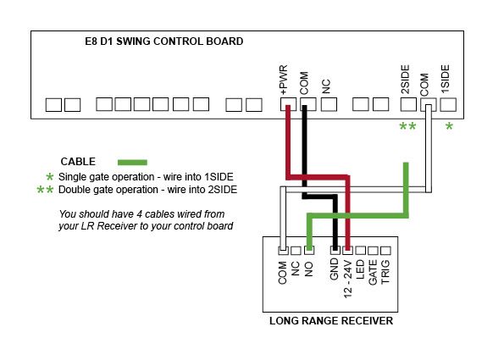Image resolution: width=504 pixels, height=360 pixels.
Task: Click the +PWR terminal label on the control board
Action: click(x=284, y=80)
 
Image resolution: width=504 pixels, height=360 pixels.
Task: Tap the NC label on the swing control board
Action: click(x=326, y=86)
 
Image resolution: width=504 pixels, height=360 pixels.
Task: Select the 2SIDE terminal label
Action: click(x=406, y=80)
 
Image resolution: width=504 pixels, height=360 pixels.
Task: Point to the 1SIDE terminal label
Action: click(x=445, y=79)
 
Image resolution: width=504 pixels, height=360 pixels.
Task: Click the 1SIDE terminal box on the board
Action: click(x=448, y=104)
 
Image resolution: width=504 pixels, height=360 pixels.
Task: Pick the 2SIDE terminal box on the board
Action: click(x=408, y=104)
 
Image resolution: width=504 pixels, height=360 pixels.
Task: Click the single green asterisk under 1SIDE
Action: click(x=449, y=126)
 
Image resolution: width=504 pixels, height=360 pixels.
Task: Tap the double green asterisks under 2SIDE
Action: click(x=407, y=126)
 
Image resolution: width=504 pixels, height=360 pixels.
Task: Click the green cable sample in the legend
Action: click(x=132, y=163)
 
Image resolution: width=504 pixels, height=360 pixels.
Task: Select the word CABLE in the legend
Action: click(x=78, y=161)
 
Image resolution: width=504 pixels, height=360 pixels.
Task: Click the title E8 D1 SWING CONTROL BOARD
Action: click(x=164, y=42)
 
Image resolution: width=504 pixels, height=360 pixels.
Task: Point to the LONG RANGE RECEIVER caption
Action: click(x=331, y=321)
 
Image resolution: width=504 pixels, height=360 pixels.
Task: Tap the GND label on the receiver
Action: click(x=335, y=269)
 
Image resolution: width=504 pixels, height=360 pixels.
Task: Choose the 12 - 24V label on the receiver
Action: click(x=348, y=279)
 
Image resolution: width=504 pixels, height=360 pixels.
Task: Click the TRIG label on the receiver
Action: click(x=385, y=272)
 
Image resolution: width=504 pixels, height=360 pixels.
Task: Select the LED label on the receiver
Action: click(x=360, y=269)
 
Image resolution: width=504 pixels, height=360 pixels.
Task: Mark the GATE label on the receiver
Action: click(x=373, y=272)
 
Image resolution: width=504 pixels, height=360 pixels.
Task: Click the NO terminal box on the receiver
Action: click(x=309, y=250)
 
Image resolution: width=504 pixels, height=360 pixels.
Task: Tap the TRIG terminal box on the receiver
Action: click(x=385, y=251)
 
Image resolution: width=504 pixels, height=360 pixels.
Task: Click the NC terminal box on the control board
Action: click(x=329, y=104)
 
